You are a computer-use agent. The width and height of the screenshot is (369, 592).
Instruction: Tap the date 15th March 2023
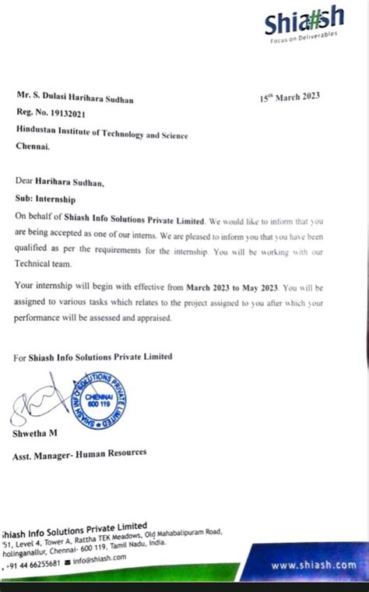[x=289, y=98]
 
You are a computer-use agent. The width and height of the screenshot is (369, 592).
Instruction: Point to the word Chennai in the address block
[x=32, y=146]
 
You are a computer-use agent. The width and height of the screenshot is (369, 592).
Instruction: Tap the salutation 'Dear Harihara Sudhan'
[x=59, y=182]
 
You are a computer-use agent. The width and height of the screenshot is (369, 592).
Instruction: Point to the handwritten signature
[x=35, y=405]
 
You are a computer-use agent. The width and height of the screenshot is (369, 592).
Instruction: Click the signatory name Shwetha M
[x=35, y=434]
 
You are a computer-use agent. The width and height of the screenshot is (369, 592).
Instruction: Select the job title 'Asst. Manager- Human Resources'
[x=79, y=453]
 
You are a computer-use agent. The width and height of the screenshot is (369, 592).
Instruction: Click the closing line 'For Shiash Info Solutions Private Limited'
[x=93, y=358]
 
